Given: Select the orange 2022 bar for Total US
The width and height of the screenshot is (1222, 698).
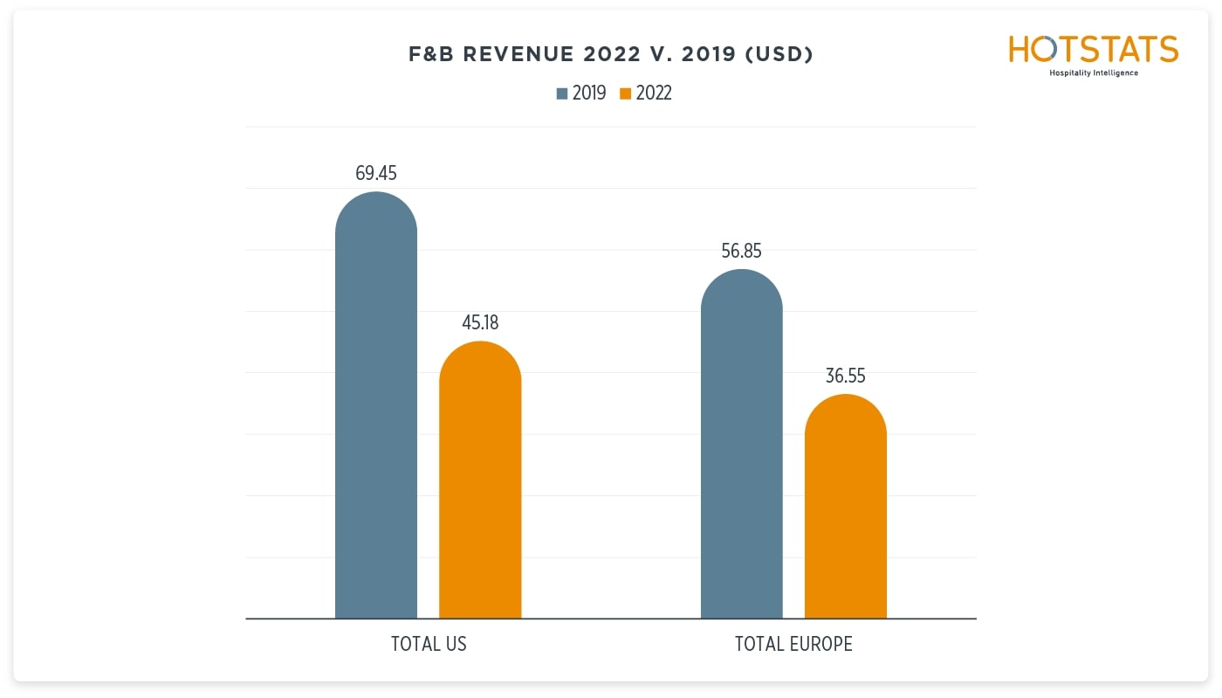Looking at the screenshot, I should click(x=480, y=480).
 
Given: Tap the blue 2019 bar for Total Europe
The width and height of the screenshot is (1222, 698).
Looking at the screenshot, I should click(x=742, y=446).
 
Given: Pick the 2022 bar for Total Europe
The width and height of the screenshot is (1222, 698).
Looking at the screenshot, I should click(x=845, y=507).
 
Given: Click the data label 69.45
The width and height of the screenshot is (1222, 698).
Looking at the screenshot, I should click(x=376, y=173).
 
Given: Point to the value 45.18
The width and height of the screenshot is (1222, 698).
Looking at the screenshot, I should click(x=480, y=323).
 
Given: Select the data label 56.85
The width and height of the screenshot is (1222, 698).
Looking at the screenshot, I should click(x=742, y=252).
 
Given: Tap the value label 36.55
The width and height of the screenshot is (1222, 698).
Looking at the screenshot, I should click(x=845, y=377).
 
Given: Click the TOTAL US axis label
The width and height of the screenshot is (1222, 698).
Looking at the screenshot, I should click(x=429, y=645).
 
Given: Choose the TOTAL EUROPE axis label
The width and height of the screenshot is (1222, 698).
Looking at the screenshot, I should click(x=793, y=645).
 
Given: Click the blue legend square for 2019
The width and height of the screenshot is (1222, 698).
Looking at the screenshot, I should click(x=562, y=93).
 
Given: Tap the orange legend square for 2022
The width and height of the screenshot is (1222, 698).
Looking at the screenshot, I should click(x=625, y=93).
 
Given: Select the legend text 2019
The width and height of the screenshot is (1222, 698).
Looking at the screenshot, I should click(x=589, y=93).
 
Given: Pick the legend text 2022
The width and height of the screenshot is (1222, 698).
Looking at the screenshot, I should click(x=654, y=93).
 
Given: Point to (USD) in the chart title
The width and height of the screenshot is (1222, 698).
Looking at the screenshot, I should click(x=779, y=55).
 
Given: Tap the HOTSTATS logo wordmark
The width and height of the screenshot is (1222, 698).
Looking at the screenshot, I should click(x=1093, y=50).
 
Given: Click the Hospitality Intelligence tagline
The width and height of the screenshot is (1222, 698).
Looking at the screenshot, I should click(x=1093, y=73).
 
